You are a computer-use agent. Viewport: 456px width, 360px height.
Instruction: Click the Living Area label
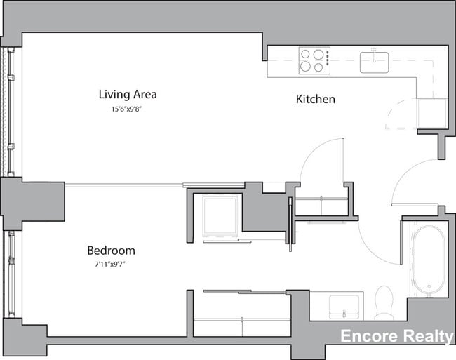tap(127, 94)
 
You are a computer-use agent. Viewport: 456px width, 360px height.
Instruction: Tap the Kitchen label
tap(315, 99)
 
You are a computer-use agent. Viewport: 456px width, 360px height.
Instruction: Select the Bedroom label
tap(111, 251)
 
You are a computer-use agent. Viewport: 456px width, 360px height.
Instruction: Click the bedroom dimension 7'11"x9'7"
tap(111, 265)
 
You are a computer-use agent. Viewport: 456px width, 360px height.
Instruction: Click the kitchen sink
tap(375, 62)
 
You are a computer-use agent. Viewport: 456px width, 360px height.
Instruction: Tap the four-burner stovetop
tap(314, 60)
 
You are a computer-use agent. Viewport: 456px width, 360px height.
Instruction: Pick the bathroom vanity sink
tap(344, 306)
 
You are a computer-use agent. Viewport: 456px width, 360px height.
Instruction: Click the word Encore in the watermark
tap(368, 338)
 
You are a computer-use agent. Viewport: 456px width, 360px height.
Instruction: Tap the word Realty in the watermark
tap(427, 338)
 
